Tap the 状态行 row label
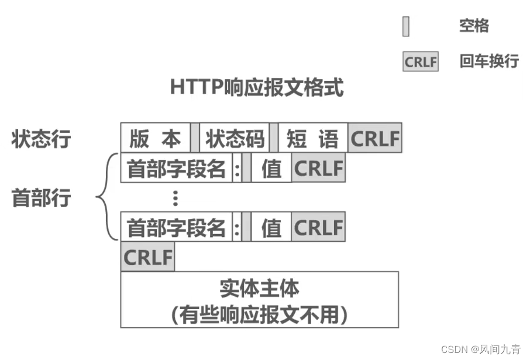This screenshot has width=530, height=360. point(41,139)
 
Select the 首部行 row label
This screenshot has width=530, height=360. point(41,198)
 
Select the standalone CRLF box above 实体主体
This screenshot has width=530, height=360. point(148,257)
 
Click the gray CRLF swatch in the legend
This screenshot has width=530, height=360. point(420,61)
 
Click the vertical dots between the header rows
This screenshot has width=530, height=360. point(175,198)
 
